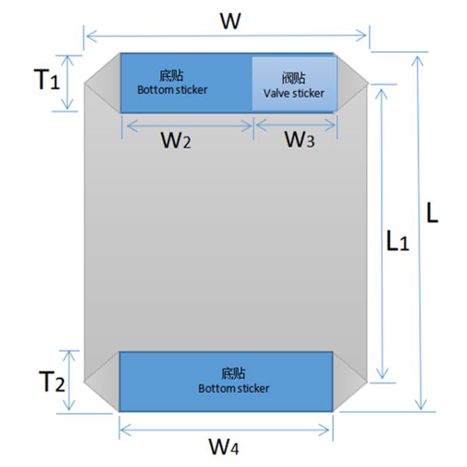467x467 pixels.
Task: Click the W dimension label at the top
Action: [x=228, y=20]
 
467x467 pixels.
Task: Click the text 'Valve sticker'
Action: [x=293, y=93]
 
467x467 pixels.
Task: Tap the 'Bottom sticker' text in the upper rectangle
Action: [x=173, y=90]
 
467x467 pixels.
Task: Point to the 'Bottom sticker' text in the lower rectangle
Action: [x=233, y=388]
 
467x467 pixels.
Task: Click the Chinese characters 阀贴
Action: [x=293, y=79]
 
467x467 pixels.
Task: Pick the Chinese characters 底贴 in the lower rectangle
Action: [x=233, y=373]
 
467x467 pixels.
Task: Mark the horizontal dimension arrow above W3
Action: [x=296, y=123]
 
